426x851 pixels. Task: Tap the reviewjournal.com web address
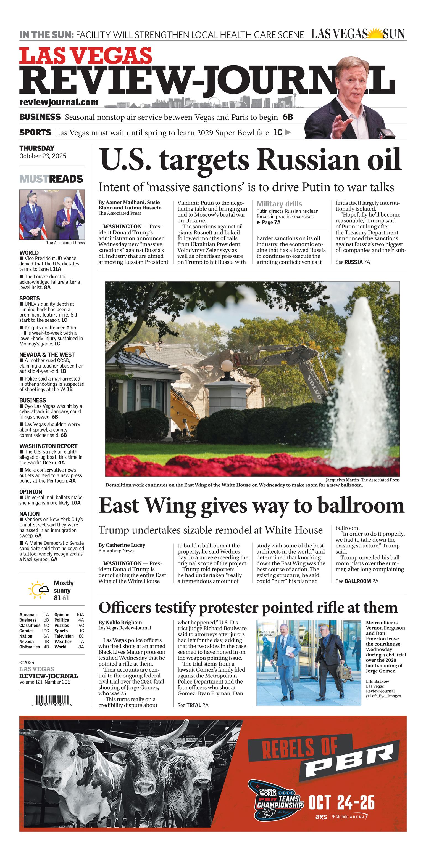click(59, 102)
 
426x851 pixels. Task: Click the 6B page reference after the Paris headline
click(287, 117)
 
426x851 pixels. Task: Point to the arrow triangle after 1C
click(288, 132)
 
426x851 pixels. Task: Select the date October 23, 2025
click(43, 156)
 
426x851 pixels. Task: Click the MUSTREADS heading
click(51, 179)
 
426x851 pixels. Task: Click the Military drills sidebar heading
click(279, 204)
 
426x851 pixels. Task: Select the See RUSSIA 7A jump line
click(353, 262)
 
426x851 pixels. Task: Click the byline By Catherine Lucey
click(122, 545)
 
